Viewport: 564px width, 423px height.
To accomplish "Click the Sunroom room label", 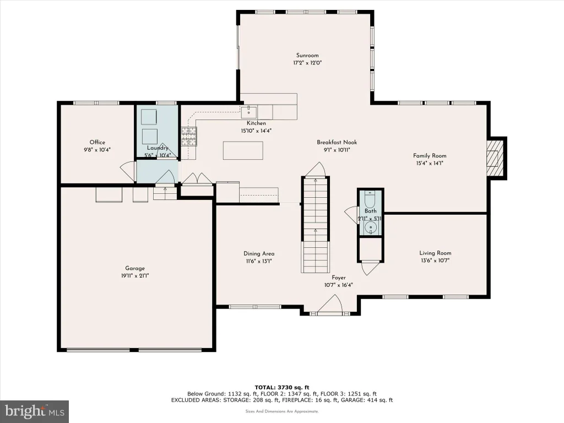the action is click(x=307, y=56).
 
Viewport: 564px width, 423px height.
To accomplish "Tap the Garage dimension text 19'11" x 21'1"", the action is click(x=135, y=276).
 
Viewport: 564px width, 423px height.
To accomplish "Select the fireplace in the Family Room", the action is click(x=495, y=158).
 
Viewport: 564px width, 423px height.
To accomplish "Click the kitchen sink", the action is click(x=249, y=112).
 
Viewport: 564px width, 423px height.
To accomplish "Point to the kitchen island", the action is click(x=243, y=150).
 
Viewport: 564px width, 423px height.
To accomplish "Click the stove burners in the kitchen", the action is click(x=189, y=137).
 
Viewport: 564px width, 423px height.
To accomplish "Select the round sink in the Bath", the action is click(x=371, y=227).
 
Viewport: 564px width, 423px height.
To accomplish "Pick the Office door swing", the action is click(x=128, y=169).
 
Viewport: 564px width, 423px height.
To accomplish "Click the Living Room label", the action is click(x=435, y=253).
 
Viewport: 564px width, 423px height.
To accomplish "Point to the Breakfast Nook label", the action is click(x=337, y=142).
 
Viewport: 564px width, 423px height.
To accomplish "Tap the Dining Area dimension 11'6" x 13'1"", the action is click(x=259, y=261).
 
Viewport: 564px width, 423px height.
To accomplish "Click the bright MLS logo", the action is click(x=34, y=411).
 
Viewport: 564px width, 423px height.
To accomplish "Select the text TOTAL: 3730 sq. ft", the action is click(x=282, y=387).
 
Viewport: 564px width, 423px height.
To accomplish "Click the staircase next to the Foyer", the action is click(x=316, y=225).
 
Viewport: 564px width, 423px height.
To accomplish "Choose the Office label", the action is click(x=97, y=142).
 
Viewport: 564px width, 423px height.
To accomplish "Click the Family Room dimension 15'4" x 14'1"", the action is click(x=430, y=163).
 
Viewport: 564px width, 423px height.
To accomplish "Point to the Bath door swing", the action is click(x=351, y=214).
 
